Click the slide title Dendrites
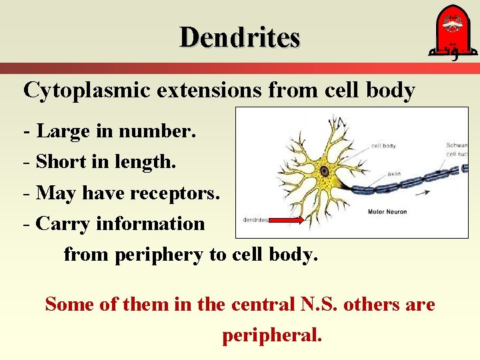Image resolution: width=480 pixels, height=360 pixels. (x=240, y=37)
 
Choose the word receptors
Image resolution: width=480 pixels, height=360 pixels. (x=176, y=193)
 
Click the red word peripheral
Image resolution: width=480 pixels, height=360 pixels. (x=272, y=335)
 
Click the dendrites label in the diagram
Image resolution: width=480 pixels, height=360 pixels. (x=255, y=219)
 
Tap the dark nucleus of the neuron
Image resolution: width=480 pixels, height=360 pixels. (x=325, y=171)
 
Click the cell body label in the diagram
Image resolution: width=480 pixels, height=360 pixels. (x=383, y=145)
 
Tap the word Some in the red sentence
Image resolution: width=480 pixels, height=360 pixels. (x=69, y=304)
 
